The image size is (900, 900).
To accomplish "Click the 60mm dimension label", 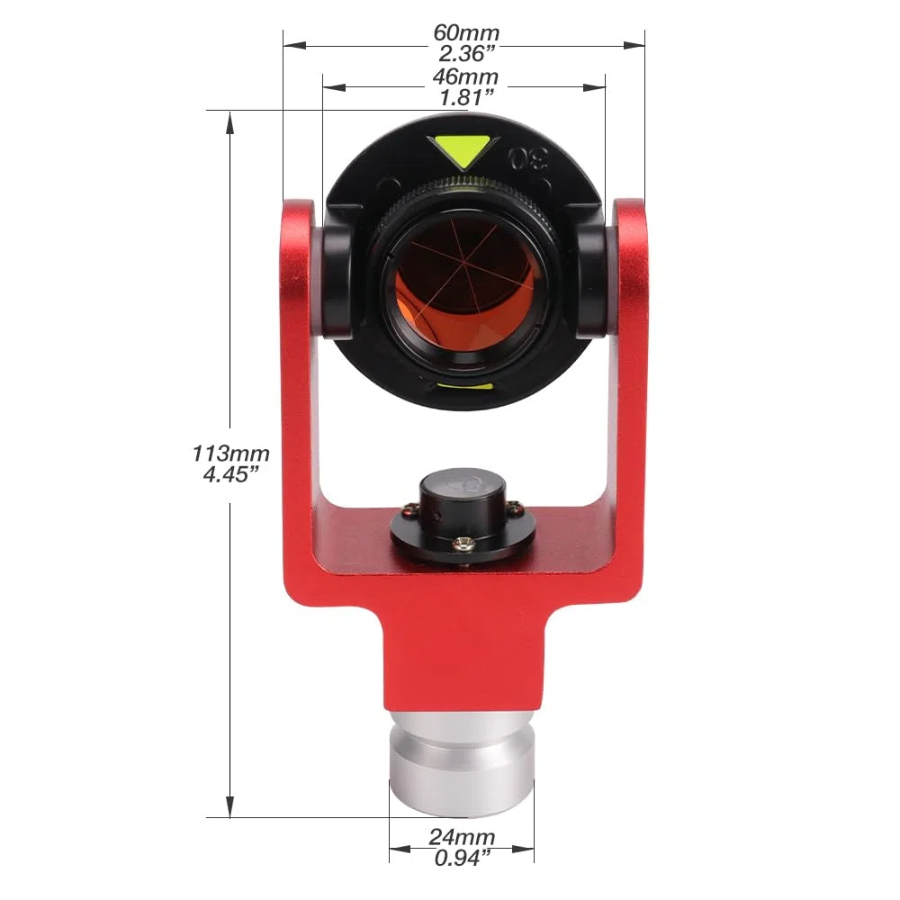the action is (466, 32).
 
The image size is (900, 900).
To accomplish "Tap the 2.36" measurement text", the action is (466, 53).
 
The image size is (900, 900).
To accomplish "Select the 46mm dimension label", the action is (465, 76).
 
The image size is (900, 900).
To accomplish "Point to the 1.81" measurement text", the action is (466, 97).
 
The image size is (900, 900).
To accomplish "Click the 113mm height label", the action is (230, 454).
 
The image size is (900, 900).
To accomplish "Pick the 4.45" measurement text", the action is (230, 474).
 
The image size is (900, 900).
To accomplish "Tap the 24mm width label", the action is (462, 837).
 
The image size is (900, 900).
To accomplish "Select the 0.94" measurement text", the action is (463, 858).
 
